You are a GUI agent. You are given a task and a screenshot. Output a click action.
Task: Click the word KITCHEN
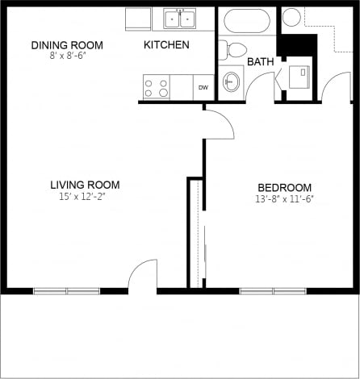[x=166, y=44]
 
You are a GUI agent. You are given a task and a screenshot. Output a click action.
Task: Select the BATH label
[x=260, y=62]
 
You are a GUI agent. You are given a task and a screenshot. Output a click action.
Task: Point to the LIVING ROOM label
[x=83, y=185]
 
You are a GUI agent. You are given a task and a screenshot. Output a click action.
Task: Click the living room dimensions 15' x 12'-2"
[x=83, y=197]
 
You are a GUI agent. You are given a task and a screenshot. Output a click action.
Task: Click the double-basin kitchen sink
[x=180, y=19]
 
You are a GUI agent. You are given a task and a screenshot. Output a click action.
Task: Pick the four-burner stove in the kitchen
[x=156, y=87]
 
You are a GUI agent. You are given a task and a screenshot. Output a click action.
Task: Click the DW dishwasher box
[x=203, y=88]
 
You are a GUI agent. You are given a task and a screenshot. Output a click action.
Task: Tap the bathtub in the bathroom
[x=248, y=20]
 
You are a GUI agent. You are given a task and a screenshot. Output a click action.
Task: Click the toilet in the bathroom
[x=234, y=50]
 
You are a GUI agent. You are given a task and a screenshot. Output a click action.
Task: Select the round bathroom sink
[x=232, y=81]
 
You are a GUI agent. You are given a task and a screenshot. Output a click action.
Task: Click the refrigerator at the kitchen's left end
[x=138, y=19]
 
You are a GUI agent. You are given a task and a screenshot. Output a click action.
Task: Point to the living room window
[x=66, y=290]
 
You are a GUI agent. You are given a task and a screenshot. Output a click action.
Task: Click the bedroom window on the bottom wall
[x=273, y=290]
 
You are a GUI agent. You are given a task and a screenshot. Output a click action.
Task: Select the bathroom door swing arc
[x=260, y=87]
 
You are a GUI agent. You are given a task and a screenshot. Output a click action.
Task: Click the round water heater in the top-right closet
[x=292, y=17]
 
